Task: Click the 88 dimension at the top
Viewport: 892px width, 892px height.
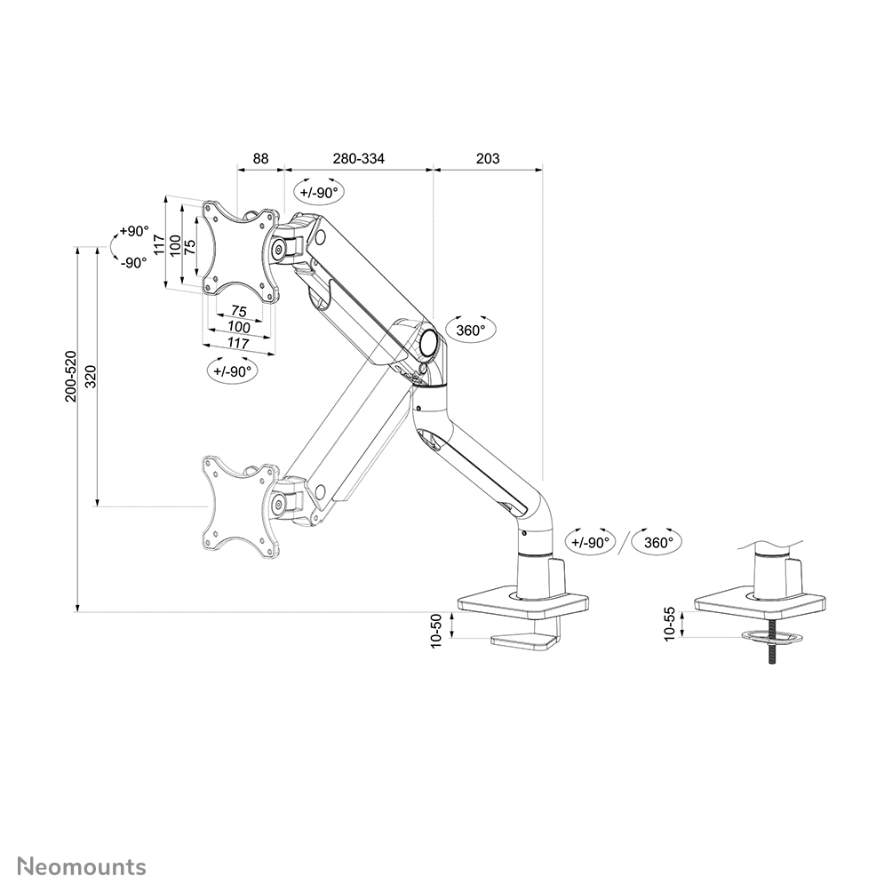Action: pyautogui.click(x=260, y=159)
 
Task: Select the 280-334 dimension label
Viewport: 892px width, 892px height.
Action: pyautogui.click(x=359, y=159)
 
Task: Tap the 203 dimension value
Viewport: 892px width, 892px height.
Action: pyautogui.click(x=488, y=159)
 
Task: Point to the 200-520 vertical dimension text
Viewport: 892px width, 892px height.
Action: pyautogui.click(x=72, y=376)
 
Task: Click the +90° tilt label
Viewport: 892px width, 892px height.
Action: pyautogui.click(x=134, y=231)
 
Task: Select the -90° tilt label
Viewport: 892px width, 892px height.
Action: pyautogui.click(x=134, y=262)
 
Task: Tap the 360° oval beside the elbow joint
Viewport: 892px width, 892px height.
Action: pyautogui.click(x=470, y=331)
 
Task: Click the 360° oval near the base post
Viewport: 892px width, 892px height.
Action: pyautogui.click(x=658, y=541)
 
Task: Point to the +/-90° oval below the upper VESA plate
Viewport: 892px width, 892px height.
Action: pyautogui.click(x=234, y=371)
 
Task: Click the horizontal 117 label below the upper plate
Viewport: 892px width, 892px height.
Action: pyautogui.click(x=237, y=342)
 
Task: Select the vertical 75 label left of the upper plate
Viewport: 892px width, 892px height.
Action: pyautogui.click(x=190, y=246)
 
